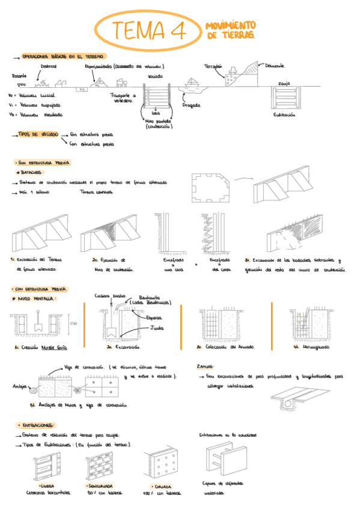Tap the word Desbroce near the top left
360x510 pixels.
(x=49, y=67)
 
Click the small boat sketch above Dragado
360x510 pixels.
(x=193, y=82)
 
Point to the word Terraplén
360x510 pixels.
(x=213, y=66)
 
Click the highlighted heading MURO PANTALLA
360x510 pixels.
(x=37, y=298)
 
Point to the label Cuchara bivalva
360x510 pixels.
(x=109, y=296)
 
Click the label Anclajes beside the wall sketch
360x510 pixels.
(x=18, y=387)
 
